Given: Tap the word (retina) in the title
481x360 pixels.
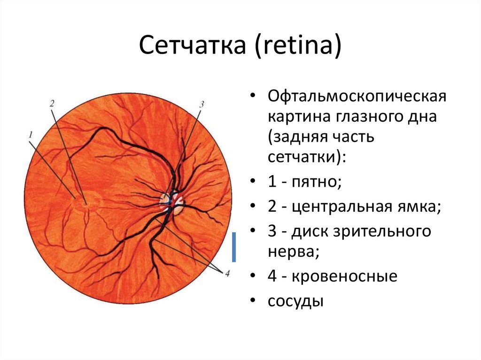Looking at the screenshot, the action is pyautogui.click(x=298, y=46).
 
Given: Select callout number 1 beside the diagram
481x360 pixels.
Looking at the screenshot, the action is pyautogui.click(x=31, y=134).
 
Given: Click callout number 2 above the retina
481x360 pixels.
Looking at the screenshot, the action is pyautogui.click(x=52, y=103).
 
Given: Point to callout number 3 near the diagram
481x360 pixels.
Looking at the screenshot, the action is pyautogui.click(x=202, y=104).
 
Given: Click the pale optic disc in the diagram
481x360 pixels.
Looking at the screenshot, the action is pyautogui.click(x=172, y=204).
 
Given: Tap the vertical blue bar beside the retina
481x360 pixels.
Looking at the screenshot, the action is pyautogui.click(x=234, y=247).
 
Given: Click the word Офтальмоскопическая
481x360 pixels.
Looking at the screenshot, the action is pyautogui.click(x=357, y=97).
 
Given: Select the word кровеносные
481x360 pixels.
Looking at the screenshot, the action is pyautogui.click(x=344, y=276).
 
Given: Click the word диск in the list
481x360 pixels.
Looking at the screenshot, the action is pyautogui.click(x=309, y=232).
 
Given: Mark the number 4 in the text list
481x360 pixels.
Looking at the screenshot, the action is pyautogui.click(x=272, y=276).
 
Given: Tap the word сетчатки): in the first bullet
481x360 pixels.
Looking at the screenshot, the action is pyautogui.click(x=306, y=157).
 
